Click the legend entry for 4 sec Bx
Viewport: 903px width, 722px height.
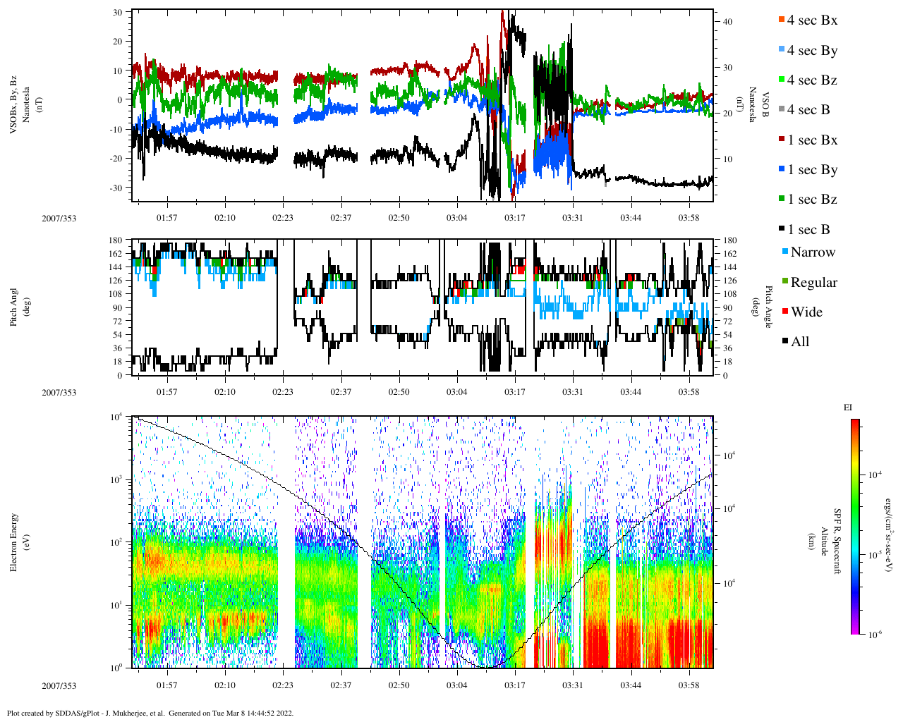(812, 20)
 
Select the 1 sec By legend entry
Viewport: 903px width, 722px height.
(812, 170)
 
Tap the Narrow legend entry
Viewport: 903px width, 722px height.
(812, 252)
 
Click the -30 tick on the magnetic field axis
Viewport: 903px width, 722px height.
(117, 188)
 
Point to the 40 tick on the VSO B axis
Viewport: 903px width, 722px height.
(727, 22)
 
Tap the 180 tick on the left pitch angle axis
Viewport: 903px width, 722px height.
(116, 240)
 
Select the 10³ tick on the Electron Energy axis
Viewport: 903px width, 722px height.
(117, 479)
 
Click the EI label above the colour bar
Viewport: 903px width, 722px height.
(848, 408)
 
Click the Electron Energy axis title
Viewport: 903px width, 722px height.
(14, 542)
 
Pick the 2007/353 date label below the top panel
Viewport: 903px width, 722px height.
(59, 219)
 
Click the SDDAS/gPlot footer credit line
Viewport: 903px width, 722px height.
(150, 713)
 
